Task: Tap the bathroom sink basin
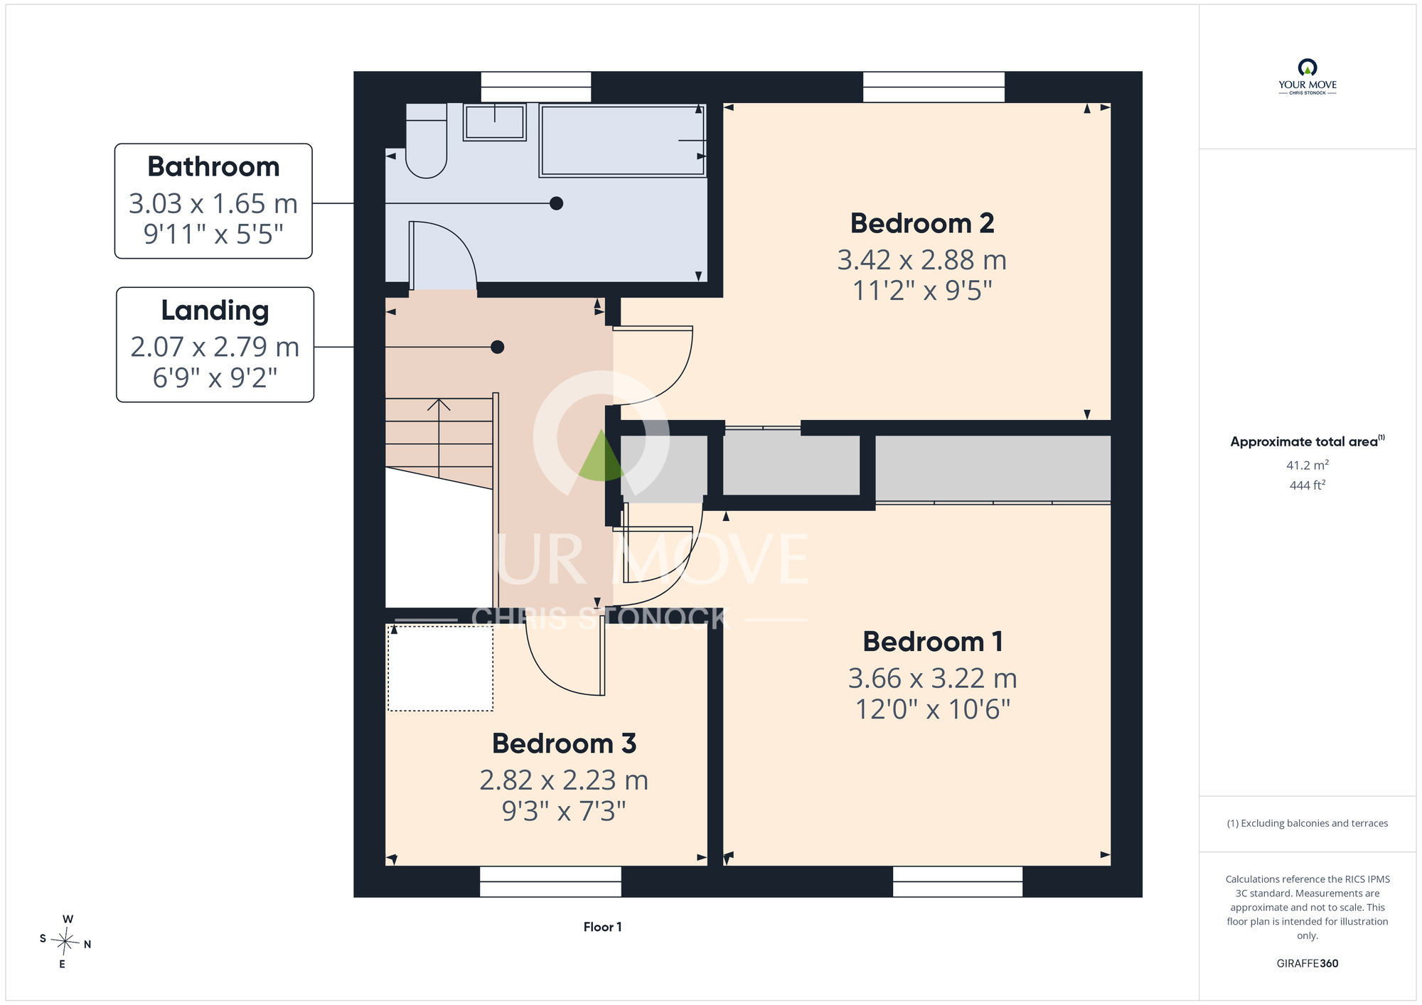coord(495,122)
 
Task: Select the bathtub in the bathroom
coord(623,140)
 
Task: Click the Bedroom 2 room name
coord(922,223)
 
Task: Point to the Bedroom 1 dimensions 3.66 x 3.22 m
coord(932,678)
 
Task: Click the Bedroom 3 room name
coord(564,743)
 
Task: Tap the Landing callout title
coord(215,311)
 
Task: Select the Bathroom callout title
coord(213,166)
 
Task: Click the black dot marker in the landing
coord(498,347)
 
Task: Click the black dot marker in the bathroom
coord(557,203)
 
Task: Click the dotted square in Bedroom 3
coord(440,667)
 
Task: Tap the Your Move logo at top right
coord(1308,77)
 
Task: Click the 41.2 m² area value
coord(1308,465)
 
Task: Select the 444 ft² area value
coord(1308,485)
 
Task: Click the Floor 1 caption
coord(602,927)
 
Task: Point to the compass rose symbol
coord(65,942)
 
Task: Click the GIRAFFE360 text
coord(1308,964)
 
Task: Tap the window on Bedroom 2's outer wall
coord(934,87)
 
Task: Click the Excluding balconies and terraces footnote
coord(1308,823)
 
